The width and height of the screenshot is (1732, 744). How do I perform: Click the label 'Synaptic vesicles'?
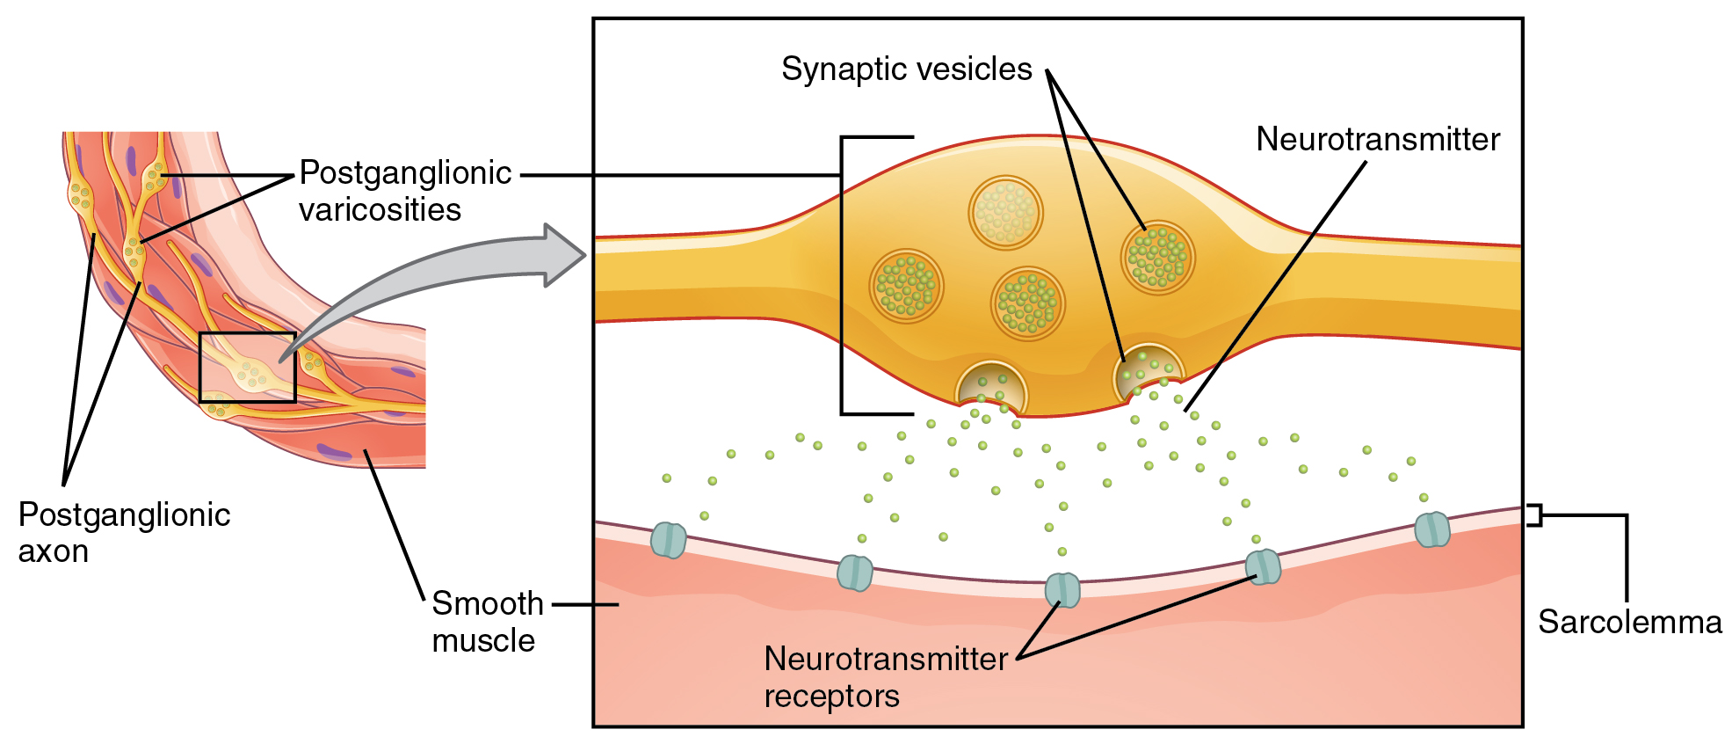coord(906,69)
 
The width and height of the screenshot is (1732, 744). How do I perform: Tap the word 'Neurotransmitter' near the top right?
coord(1377,140)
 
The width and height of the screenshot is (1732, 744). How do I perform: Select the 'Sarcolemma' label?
coord(1629,622)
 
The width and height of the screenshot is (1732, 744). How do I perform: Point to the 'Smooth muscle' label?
coord(487,622)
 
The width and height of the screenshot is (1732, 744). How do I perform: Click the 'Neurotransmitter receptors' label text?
coord(885,677)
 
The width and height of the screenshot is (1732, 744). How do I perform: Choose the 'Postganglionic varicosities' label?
coord(404,191)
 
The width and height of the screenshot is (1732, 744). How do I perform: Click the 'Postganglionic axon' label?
coord(124,533)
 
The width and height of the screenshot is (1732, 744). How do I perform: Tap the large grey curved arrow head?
coord(562,256)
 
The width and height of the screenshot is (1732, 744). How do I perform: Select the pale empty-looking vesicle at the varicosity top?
coord(1005,213)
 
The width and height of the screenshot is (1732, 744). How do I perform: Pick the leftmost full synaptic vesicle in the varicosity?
coord(906,286)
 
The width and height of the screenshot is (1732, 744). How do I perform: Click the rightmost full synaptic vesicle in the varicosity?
coord(1158,257)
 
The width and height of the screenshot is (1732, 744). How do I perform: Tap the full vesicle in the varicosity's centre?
coord(1027,303)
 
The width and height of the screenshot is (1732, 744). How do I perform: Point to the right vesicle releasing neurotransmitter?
coord(1149,369)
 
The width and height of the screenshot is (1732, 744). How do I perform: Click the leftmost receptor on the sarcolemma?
coord(668,539)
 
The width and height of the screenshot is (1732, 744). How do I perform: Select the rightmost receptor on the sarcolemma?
coord(1431,529)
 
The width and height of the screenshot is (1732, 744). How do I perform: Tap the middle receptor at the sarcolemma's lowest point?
coord(1062,589)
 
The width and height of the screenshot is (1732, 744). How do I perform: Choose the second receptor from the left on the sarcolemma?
coord(854,573)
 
